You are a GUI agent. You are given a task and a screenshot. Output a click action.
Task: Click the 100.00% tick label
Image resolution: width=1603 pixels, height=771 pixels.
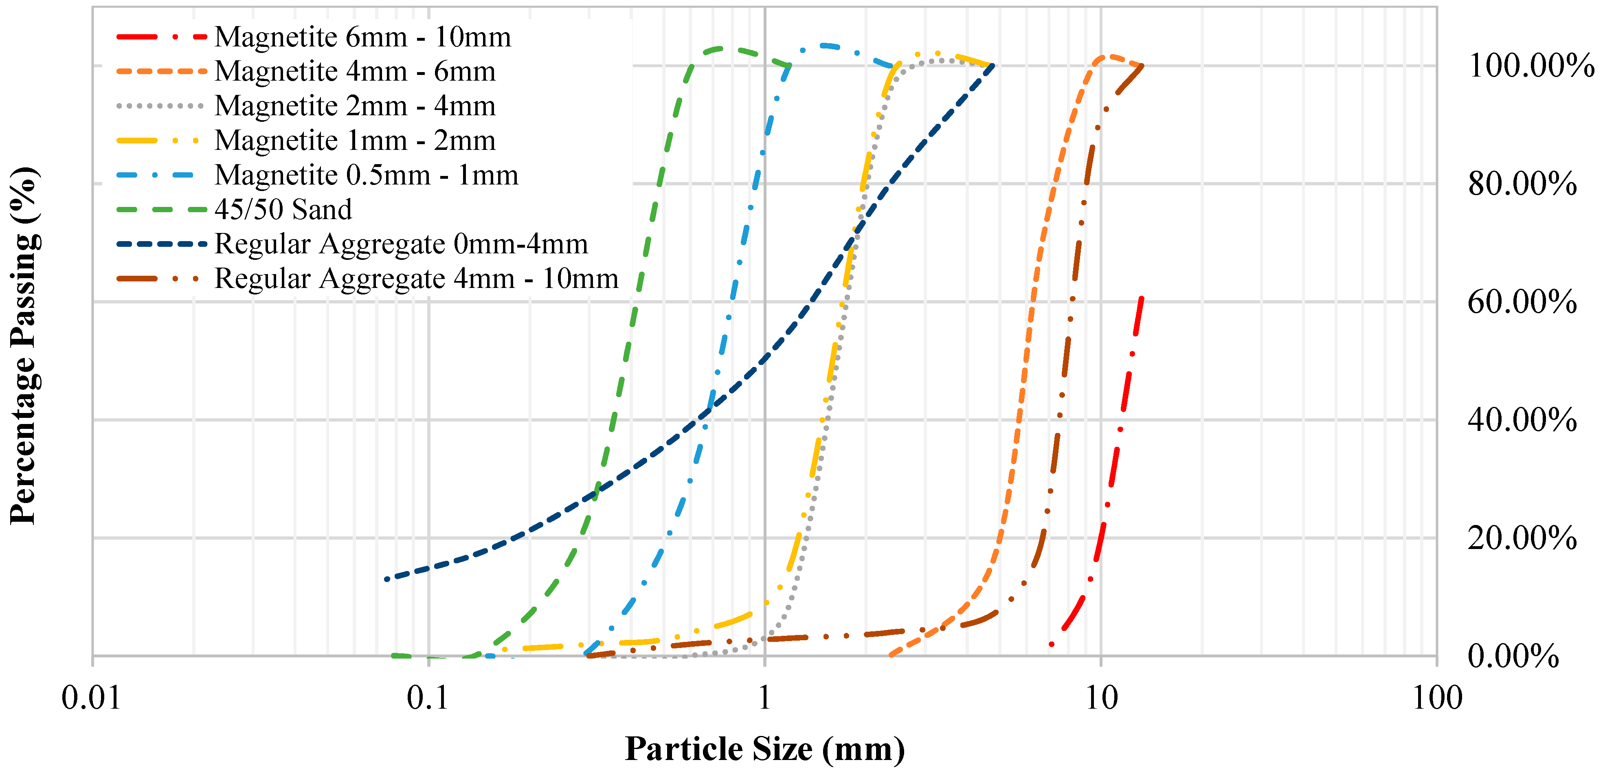[x=1531, y=65]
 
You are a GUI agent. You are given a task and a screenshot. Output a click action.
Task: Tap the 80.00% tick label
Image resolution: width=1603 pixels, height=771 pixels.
[x=1522, y=184]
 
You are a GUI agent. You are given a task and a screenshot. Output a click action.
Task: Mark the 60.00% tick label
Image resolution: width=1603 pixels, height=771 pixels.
[x=1522, y=302]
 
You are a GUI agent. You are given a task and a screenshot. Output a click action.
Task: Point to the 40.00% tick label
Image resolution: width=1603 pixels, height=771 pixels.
[x=1522, y=420]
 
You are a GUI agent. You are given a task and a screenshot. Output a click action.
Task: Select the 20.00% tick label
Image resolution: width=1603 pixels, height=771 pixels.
[x=1522, y=538]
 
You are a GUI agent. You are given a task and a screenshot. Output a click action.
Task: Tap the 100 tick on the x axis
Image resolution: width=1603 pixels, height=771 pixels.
[x=1437, y=698]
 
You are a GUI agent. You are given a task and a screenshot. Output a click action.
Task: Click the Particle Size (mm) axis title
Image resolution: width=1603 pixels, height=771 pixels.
[x=765, y=749]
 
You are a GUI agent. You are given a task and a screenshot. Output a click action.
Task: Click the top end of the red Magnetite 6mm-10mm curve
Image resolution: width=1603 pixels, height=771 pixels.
[x=1141, y=299]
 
